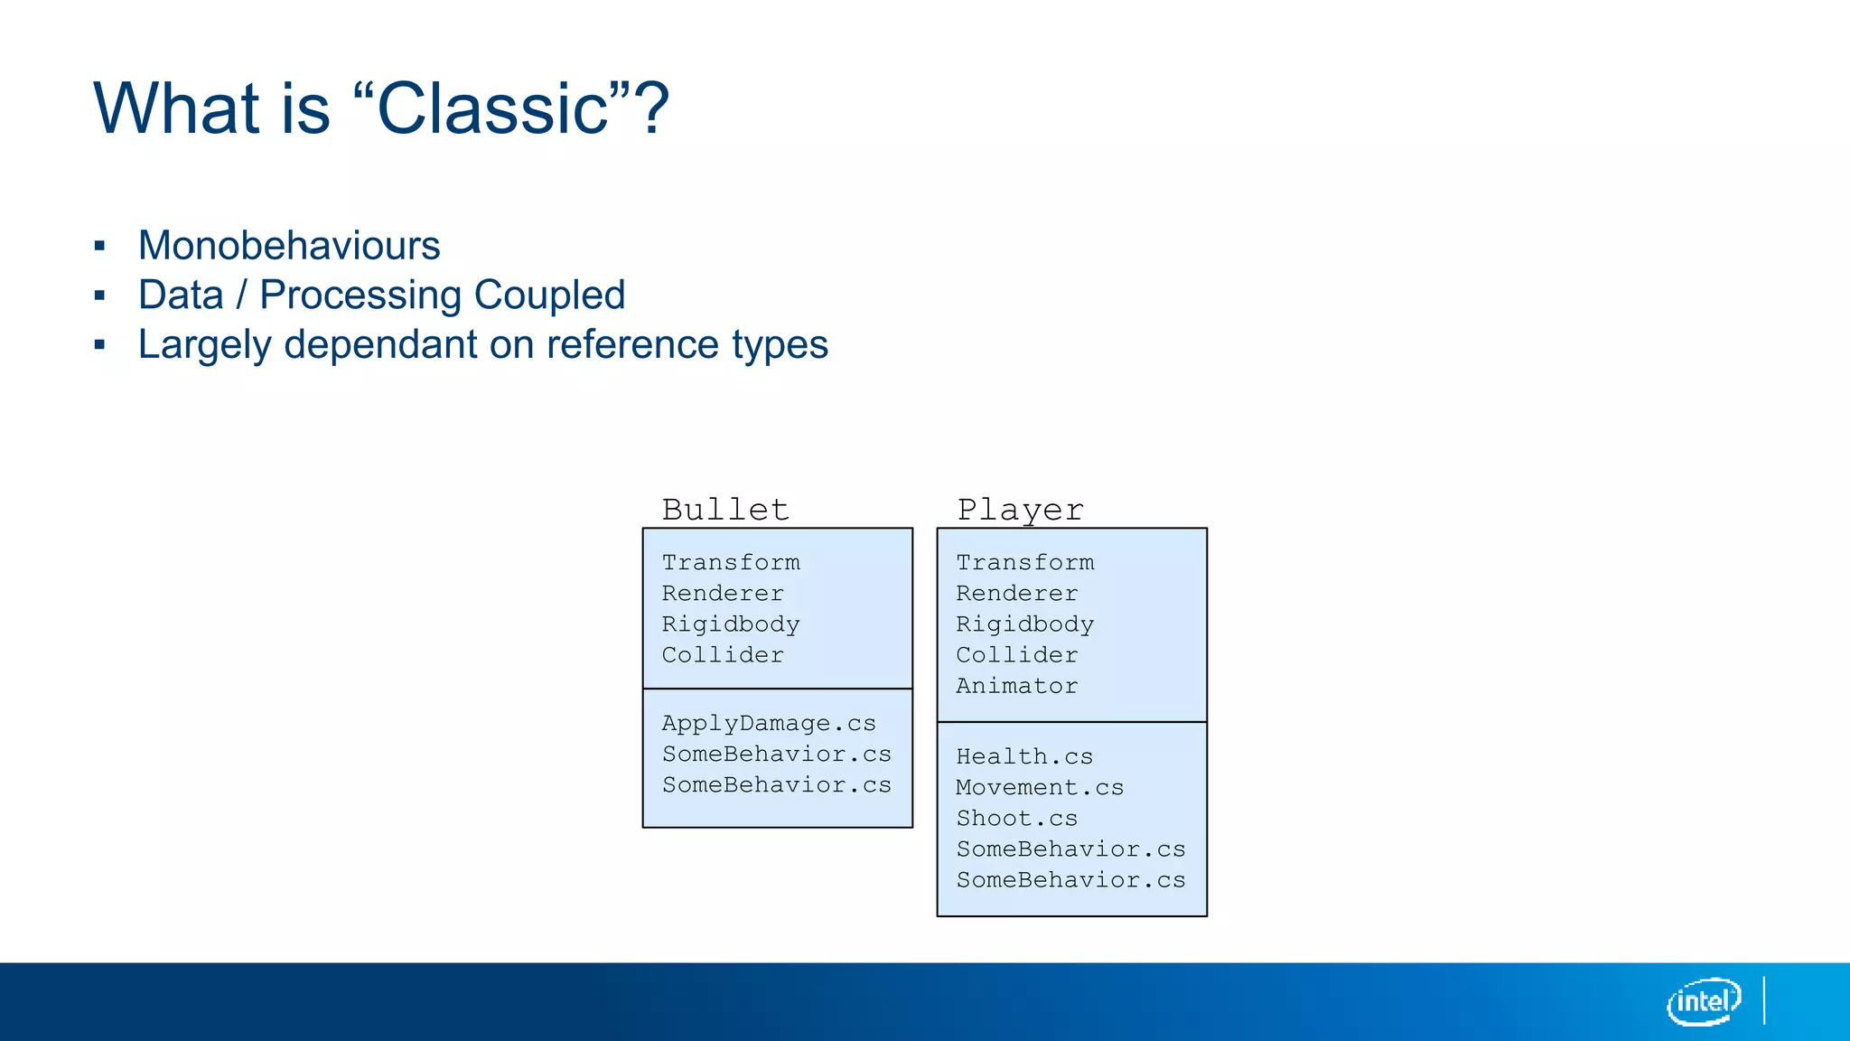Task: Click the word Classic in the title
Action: (491, 108)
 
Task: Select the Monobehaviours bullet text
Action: (289, 246)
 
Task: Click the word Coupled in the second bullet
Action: (549, 295)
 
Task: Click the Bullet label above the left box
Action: (725, 510)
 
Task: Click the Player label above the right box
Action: (1020, 510)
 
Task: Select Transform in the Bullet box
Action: (731, 562)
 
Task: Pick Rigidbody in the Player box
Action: (1024, 624)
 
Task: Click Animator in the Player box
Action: (1017, 686)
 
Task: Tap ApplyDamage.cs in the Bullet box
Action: (769, 723)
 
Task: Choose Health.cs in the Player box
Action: (1024, 756)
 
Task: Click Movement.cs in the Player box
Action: (1040, 787)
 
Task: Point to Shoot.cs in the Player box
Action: (1017, 818)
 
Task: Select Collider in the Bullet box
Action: (723, 655)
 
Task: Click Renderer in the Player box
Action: (1017, 594)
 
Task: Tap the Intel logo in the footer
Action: (1704, 1001)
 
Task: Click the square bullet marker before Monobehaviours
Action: (100, 246)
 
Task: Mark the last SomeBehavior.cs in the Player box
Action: (1070, 879)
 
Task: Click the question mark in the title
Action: (652, 108)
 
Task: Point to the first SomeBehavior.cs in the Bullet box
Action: (777, 754)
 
